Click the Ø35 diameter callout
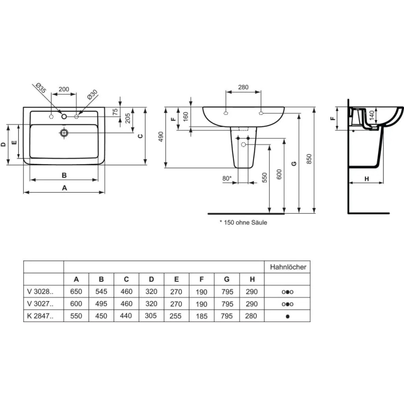[40, 88]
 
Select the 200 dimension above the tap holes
[64, 89]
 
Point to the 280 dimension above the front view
[243, 87]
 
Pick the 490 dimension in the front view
[161, 137]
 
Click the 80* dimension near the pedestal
[227, 178]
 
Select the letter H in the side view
[366, 179]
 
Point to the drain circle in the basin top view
[64, 133]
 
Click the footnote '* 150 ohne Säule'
[243, 222]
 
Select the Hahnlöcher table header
[288, 267]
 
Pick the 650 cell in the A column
[76, 292]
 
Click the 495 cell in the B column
[101, 304]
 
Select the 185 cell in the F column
[202, 316]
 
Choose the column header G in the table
[227, 280]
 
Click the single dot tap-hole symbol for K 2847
[288, 316]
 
